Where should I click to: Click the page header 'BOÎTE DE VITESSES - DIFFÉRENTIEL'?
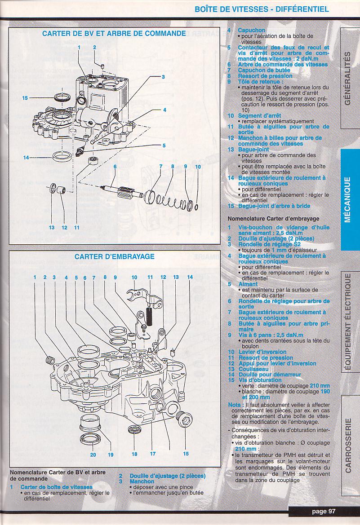pos(262,9)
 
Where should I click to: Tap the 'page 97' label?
pos(324,511)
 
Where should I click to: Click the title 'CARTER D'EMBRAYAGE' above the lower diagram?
pos(114,257)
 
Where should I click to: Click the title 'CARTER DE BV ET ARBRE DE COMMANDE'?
pos(114,33)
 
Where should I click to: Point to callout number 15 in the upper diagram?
pos(25,98)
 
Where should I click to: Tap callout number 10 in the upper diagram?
pos(198,167)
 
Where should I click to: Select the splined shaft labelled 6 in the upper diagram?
pos(121,188)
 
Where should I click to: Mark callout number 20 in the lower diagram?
pos(93,454)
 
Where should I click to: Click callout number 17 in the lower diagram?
pos(153,454)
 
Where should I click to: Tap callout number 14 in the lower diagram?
pos(190,277)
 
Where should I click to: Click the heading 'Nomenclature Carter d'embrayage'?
pos(265,219)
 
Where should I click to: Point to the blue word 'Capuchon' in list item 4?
pos(251,31)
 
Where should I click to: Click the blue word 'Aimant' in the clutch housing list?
pos(248,284)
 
